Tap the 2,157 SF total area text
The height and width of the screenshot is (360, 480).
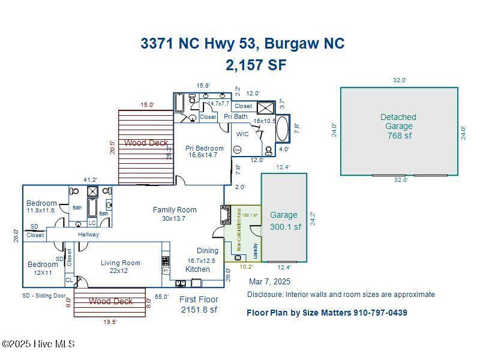pos(256,65)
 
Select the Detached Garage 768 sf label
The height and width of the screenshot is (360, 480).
pos(398,126)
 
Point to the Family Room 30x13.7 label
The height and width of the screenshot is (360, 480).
pos(175,214)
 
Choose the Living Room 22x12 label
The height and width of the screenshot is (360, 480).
pos(120,266)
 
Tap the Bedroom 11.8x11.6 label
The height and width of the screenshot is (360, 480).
pos(41,207)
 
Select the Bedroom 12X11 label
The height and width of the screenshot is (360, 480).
pos(42,268)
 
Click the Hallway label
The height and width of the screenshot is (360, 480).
pos(88,235)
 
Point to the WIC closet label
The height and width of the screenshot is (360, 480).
pos(242,134)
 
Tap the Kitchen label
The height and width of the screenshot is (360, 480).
pos(197,269)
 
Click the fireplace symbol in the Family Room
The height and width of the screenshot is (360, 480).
pos(226,214)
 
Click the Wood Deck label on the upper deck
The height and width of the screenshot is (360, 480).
pos(146,143)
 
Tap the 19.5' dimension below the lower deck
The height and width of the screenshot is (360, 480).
pos(109,322)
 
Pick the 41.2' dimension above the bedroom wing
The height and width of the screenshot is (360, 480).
pos(91,179)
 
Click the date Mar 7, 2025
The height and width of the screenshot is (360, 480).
pos(269,281)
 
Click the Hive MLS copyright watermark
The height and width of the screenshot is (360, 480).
pos(38,344)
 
